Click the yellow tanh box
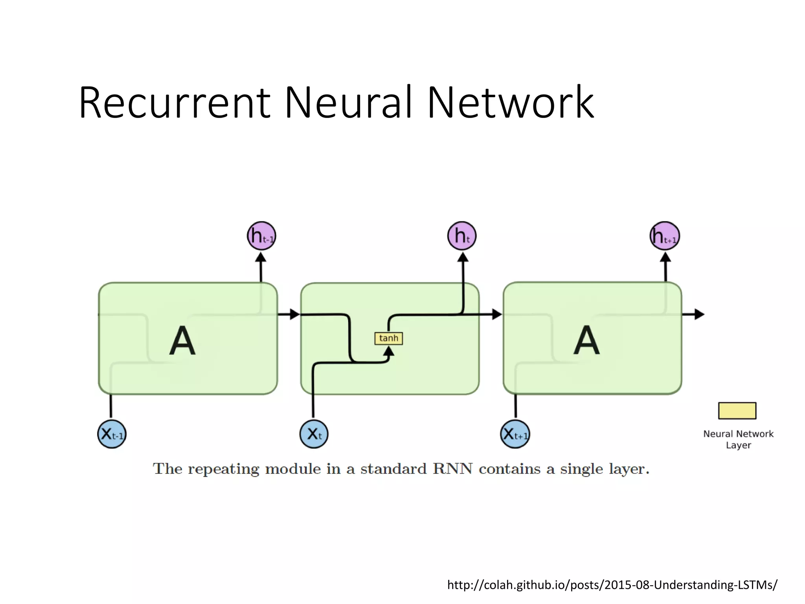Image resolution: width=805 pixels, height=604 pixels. point(388,338)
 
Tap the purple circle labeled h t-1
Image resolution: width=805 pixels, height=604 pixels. point(261,236)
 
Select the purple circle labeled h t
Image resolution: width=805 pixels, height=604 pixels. point(462,236)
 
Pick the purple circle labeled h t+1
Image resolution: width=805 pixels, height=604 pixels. point(665,236)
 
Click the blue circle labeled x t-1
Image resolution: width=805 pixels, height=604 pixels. point(112,434)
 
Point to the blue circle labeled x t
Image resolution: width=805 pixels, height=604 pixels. point(314,434)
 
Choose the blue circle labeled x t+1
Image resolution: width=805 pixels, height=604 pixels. point(515,434)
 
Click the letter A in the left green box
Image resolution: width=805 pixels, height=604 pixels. point(182,341)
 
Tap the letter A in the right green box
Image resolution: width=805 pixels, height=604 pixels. point(586,341)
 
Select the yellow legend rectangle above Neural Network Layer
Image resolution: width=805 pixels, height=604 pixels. point(737,411)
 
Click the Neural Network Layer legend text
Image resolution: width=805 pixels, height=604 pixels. point(738,439)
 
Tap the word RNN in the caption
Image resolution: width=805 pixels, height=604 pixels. point(452,469)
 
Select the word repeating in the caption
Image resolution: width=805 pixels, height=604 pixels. point(223,469)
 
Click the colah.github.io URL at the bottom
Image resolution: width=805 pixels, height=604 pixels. point(612,585)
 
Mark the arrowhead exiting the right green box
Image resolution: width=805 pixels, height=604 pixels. point(699,314)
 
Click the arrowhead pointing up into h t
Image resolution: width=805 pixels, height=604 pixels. point(463,258)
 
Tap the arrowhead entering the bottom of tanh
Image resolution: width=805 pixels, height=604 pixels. point(388,351)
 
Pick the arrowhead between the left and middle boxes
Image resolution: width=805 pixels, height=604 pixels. point(294,314)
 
